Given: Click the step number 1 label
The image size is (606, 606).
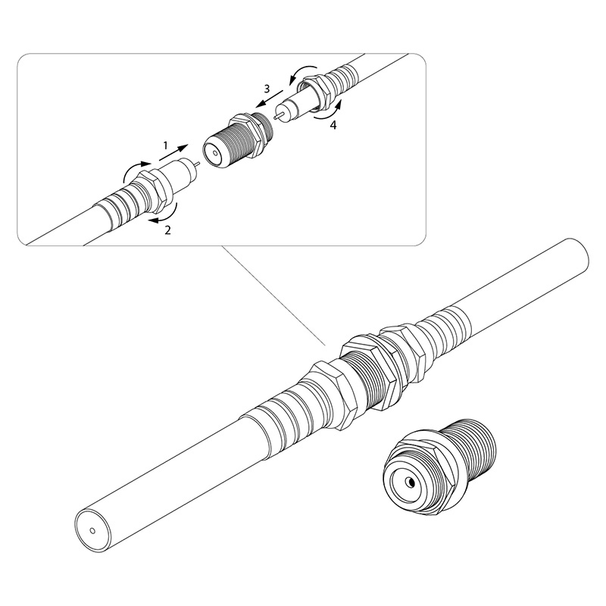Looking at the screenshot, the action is click(165, 145).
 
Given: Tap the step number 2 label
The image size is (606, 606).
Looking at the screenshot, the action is click(167, 230).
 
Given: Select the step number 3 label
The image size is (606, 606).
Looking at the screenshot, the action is click(267, 89).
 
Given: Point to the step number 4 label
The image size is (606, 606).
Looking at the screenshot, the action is click(333, 125).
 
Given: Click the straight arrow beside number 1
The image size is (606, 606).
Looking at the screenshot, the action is click(173, 152).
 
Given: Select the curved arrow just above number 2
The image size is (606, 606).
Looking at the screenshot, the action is click(164, 214).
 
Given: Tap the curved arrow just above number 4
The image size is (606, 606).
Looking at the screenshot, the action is click(329, 111).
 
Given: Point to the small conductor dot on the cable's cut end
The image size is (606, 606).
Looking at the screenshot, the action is click(92, 531).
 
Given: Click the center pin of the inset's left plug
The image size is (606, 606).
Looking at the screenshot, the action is click(197, 164).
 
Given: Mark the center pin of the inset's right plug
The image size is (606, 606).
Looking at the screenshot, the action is click(278, 115).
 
